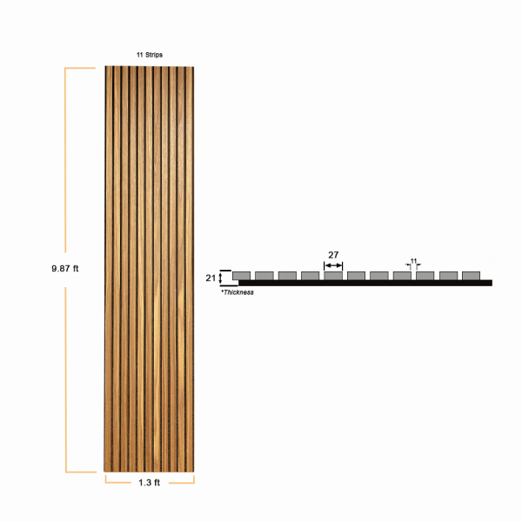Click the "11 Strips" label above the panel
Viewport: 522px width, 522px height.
[150, 55]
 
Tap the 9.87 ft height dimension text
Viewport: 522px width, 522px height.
[65, 268]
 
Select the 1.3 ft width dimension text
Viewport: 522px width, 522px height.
[149, 482]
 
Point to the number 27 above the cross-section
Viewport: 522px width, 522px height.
[333, 255]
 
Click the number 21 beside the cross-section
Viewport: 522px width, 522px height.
[211, 278]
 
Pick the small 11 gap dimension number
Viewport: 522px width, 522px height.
[413, 261]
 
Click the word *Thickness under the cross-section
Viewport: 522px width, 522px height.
[238, 292]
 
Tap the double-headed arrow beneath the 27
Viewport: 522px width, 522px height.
[333, 265]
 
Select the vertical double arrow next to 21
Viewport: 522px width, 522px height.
[220, 278]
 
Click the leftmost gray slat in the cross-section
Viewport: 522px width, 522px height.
[241, 276]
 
